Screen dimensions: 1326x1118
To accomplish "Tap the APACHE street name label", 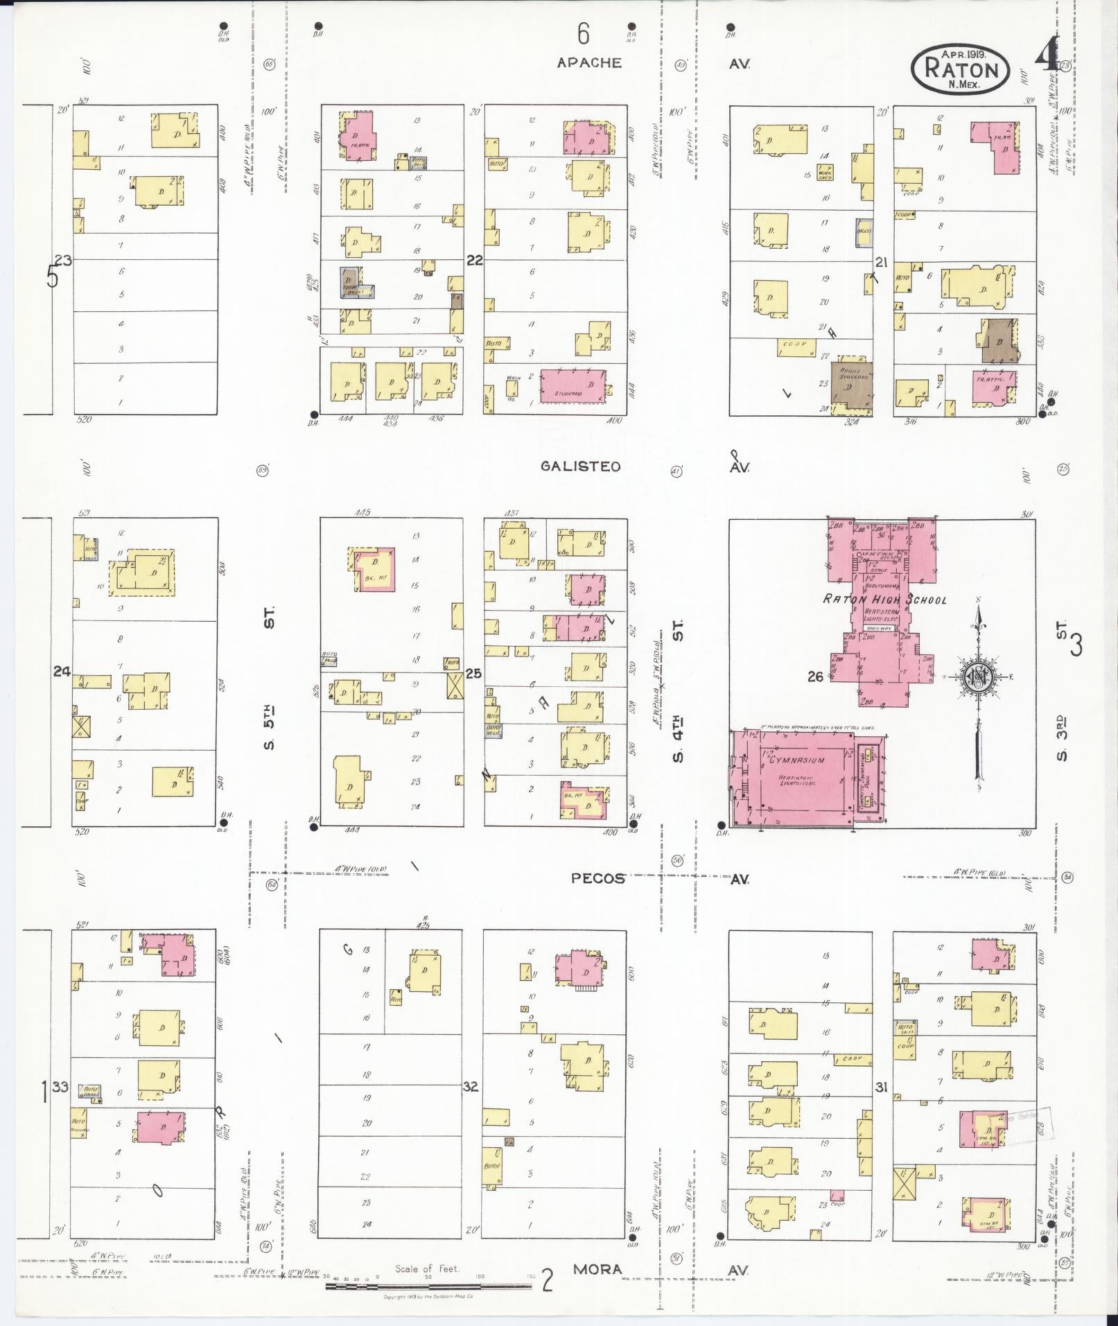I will click(589, 63).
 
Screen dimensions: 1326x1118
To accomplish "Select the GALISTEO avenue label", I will click(581, 466).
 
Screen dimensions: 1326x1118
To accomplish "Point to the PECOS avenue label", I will click(597, 878).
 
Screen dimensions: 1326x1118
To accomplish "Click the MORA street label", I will click(597, 1270).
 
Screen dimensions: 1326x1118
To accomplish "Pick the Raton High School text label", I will click(884, 600).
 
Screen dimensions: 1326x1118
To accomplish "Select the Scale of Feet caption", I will click(427, 1268).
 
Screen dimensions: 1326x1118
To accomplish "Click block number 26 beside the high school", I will click(815, 676).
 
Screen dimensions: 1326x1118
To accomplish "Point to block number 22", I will click(475, 261).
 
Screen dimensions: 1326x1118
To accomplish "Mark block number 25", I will click(474, 672).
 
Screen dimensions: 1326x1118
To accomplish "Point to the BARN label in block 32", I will click(491, 1165).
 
